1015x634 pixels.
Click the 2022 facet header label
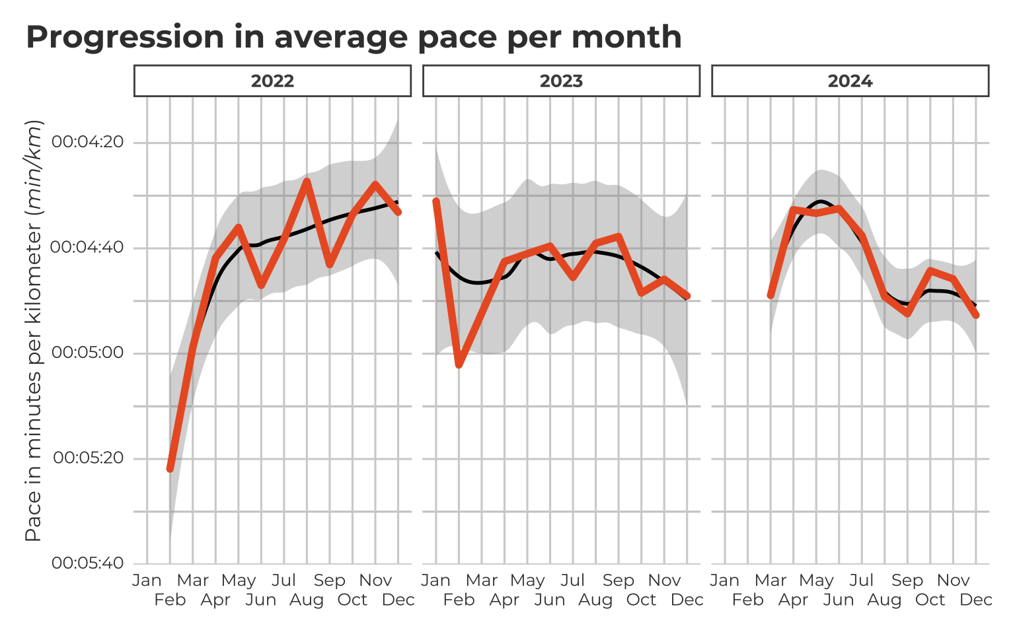272,81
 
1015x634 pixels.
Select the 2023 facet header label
561,81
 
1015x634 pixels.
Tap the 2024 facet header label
850,81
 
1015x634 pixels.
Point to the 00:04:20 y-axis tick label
87,142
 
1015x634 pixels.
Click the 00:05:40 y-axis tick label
87,563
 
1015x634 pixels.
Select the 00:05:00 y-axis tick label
87,353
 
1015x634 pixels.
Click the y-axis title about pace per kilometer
34,330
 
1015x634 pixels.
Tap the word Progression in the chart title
125,37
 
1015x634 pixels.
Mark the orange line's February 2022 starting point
170,468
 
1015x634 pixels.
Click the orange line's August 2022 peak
307,181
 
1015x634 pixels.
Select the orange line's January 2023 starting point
436,201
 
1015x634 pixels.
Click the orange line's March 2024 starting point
771,295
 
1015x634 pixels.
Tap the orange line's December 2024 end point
976,315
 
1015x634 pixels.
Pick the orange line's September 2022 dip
330,265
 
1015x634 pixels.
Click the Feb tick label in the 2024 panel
747,600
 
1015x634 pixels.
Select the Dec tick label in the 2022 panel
398,600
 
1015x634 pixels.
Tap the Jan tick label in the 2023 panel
436,581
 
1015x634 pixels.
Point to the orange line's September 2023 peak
619,236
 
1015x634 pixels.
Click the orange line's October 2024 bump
930,270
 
